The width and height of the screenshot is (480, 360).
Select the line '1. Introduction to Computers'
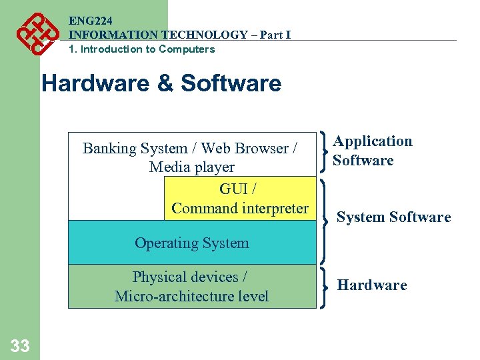click(141, 49)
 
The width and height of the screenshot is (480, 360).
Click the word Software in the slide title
click(231, 84)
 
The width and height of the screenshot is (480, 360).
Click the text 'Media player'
click(192, 167)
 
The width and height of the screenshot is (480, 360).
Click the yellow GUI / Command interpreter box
click(239, 198)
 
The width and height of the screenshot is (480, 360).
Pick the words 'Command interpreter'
click(239, 208)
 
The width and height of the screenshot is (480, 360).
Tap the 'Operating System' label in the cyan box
click(192, 243)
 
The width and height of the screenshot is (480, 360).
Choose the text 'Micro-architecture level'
click(191, 296)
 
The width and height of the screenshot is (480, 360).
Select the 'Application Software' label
click(372, 151)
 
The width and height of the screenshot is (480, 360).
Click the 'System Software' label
click(393, 217)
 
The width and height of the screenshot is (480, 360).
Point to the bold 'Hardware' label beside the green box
click(371, 285)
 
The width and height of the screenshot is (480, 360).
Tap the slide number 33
click(20, 345)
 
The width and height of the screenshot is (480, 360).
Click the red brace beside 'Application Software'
click(324, 150)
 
